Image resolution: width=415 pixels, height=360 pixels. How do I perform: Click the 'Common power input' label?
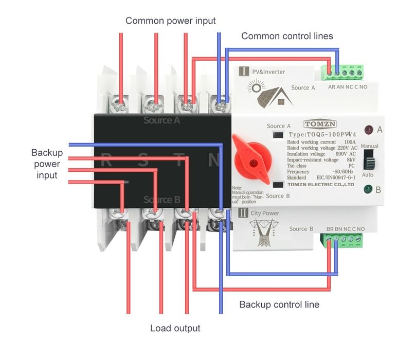171,21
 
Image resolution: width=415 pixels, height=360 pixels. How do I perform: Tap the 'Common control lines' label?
287,36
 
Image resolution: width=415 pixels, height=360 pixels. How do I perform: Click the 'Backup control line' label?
279,304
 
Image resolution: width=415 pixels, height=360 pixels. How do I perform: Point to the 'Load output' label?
175,328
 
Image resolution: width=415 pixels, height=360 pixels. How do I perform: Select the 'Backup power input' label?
47,164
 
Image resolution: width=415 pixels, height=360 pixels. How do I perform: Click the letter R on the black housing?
106,160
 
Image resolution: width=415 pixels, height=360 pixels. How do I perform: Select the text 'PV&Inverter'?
268,72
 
